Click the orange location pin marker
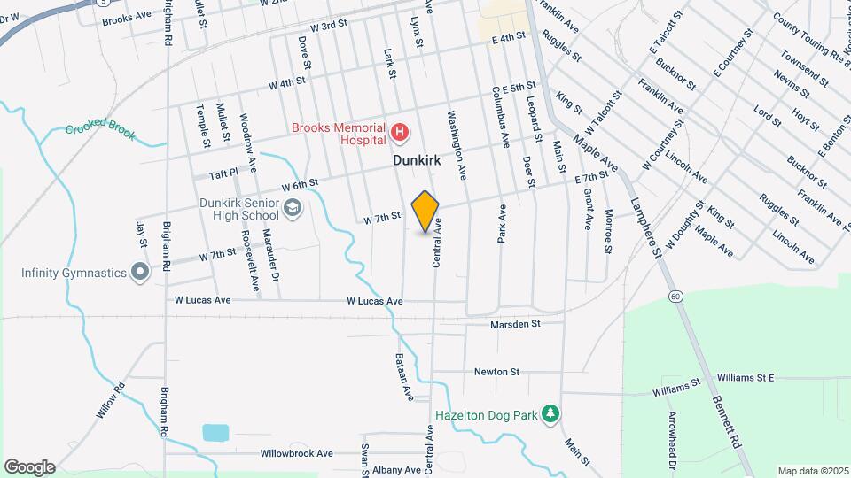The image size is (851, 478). coord(425,212)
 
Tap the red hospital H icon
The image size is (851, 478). coord(400,134)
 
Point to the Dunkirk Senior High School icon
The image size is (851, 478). coord(293,207)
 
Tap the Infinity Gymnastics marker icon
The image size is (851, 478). coord(138,272)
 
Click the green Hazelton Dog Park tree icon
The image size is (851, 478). coord(550,413)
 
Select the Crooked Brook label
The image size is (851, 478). coord(100,128)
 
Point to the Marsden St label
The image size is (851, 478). coord(515,325)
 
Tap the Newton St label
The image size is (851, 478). coord(496,372)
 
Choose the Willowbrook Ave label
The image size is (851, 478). coord(296,453)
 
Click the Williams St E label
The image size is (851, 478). coord(745,378)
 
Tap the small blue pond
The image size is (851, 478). coord(215,433)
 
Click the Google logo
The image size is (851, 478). coord(29,466)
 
